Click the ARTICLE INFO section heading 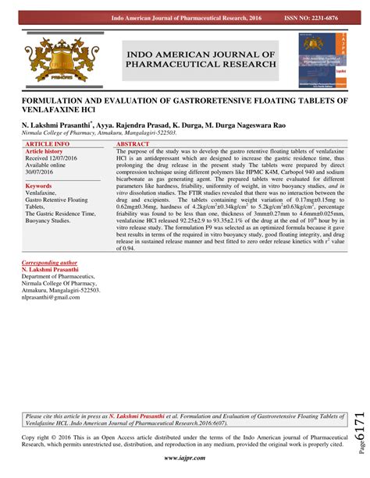(x=48, y=145)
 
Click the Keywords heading (x=38, y=186)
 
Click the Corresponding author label (x=53, y=263)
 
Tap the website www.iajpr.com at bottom (x=184, y=461)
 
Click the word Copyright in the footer (x=36, y=438)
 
